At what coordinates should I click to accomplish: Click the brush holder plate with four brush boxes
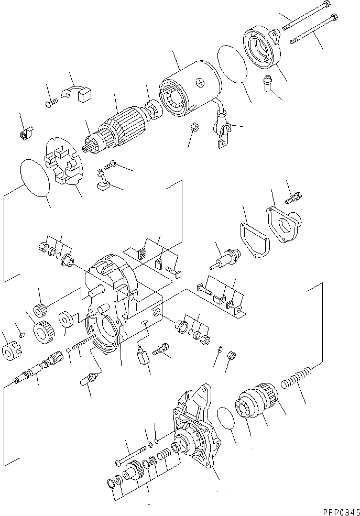pyautogui.click(x=66, y=162)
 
